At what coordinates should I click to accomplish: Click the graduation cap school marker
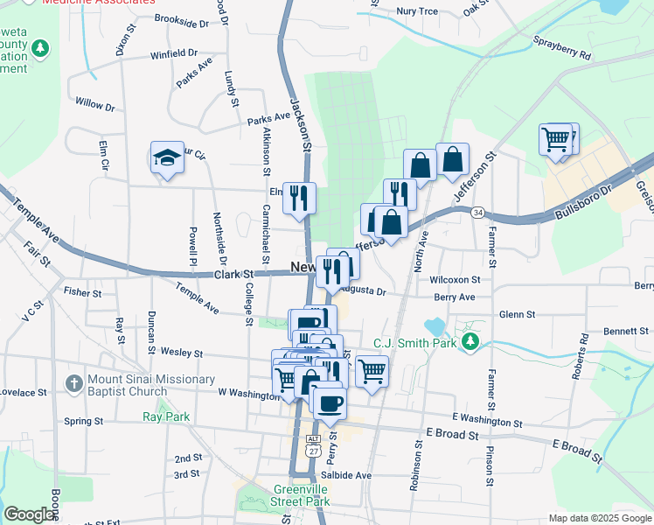(x=167, y=158)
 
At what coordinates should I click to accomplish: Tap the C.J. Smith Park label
(x=416, y=343)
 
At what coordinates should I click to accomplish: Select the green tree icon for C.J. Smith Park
(x=471, y=340)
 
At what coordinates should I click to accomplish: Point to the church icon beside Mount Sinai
(x=73, y=382)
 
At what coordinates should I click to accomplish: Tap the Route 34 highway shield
(x=477, y=212)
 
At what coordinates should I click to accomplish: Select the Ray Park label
(x=165, y=416)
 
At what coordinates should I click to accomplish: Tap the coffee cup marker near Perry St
(x=330, y=403)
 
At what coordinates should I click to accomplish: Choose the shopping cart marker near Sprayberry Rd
(x=556, y=139)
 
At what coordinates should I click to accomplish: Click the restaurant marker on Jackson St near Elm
(x=300, y=198)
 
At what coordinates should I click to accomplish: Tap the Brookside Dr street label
(x=181, y=18)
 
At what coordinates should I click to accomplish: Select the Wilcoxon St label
(x=456, y=279)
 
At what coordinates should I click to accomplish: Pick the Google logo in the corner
(x=29, y=514)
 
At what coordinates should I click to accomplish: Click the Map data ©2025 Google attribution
(x=600, y=518)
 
